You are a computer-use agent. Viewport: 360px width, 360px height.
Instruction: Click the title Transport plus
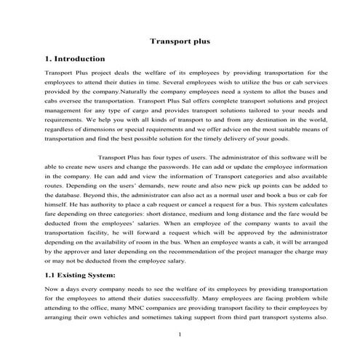pyautogui.click(x=180, y=41)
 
